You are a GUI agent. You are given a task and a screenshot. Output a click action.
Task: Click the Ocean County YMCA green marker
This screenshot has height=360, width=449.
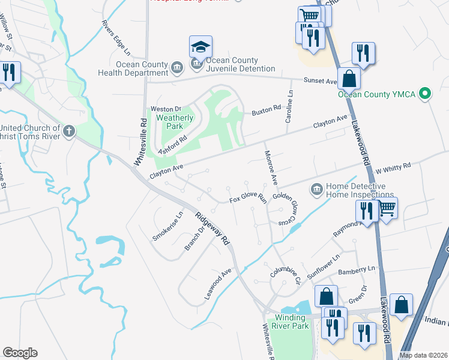click(425, 93)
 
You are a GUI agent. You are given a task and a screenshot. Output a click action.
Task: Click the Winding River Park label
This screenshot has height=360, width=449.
click(292, 322)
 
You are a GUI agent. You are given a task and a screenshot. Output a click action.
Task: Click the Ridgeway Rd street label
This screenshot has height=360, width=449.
click(211, 227)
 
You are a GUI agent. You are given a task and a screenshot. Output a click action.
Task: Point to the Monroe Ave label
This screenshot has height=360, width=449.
click(271, 166)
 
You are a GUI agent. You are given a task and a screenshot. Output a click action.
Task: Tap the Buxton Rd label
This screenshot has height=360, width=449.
click(266, 109)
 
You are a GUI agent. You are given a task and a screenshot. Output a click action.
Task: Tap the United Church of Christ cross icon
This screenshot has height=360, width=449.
click(70, 130)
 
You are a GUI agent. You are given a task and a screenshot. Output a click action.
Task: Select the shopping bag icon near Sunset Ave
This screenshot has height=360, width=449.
click(349, 78)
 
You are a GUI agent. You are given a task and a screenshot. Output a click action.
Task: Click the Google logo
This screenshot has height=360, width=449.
click(20, 353)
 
